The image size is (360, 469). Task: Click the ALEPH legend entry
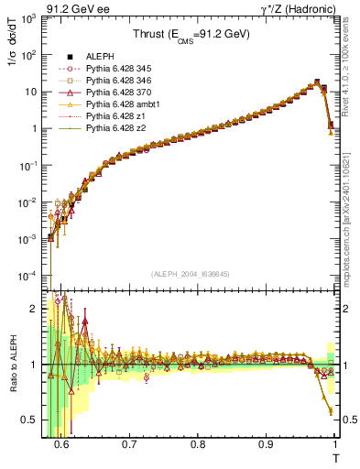[x=98, y=58]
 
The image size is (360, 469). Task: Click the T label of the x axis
[x=334, y=459]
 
